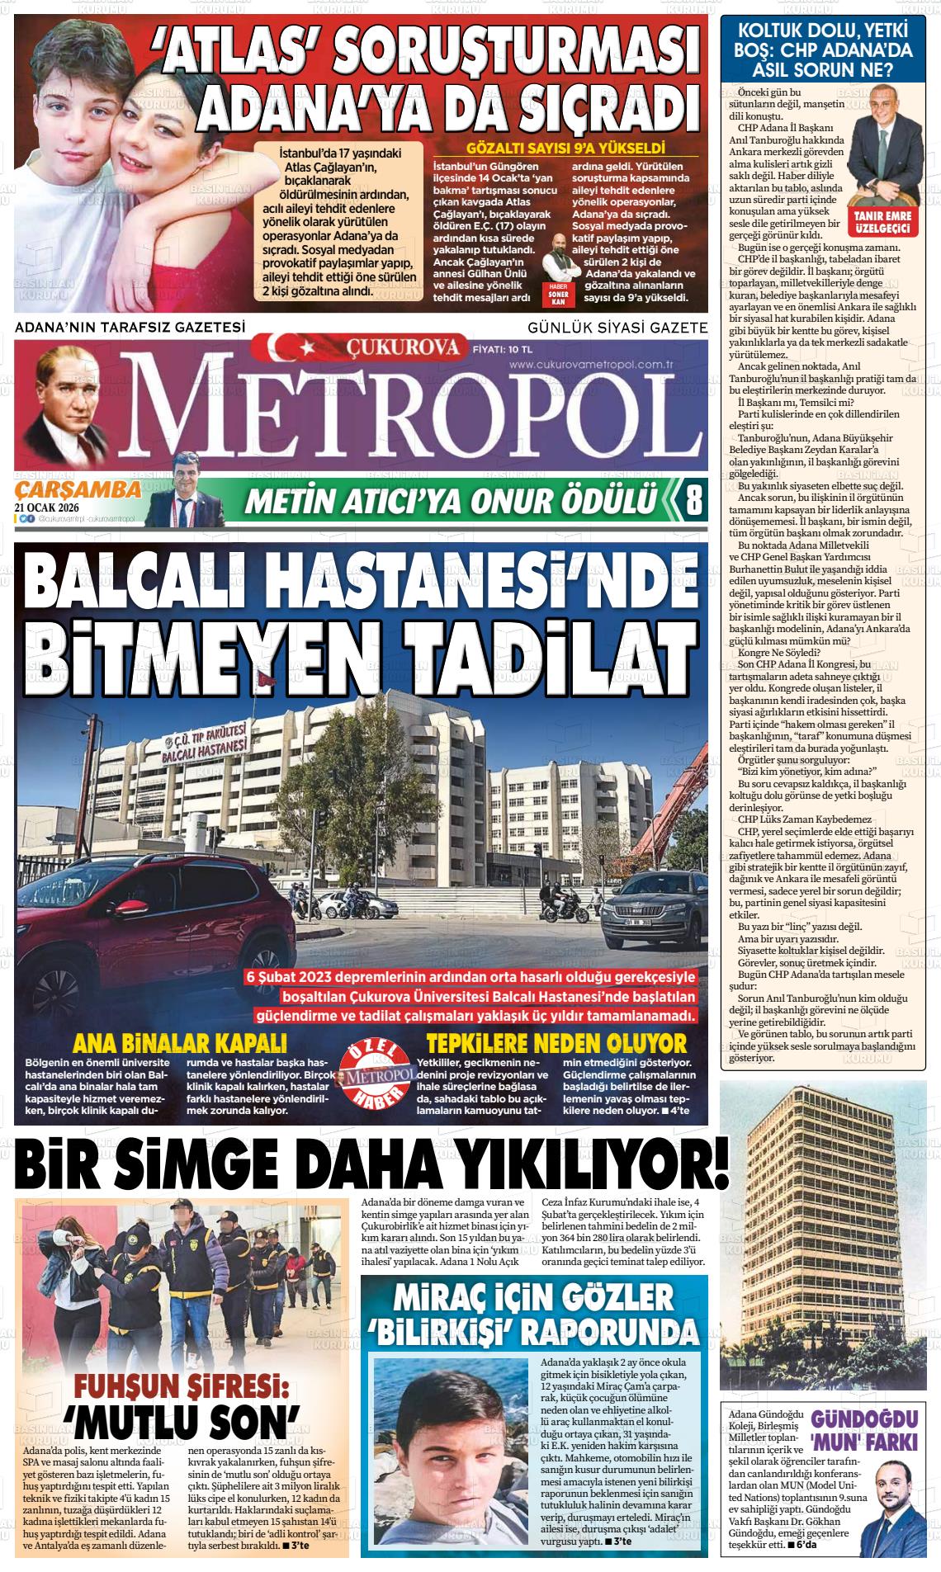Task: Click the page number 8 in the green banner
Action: click(694, 499)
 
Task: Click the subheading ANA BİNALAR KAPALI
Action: click(179, 1042)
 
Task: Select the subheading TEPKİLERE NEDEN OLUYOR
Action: click(556, 1042)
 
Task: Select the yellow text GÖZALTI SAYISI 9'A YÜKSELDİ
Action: click(565, 150)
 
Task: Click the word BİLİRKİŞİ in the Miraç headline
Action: click(441, 1330)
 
